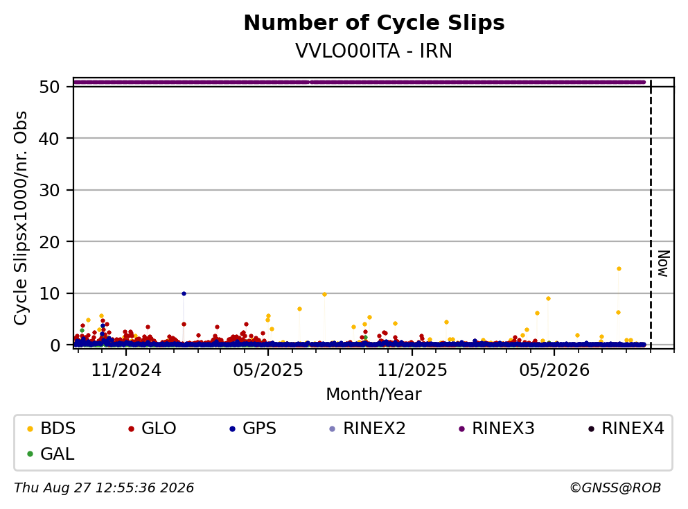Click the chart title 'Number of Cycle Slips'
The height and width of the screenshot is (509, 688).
click(374, 23)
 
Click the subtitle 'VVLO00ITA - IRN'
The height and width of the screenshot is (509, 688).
click(374, 51)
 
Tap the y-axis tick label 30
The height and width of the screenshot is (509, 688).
click(49, 190)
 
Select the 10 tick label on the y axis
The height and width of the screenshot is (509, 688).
click(49, 294)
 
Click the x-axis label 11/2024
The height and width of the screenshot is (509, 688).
click(126, 370)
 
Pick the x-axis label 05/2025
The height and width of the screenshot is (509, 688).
click(268, 370)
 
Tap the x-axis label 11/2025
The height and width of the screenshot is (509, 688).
click(412, 370)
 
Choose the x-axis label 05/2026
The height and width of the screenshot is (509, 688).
click(554, 370)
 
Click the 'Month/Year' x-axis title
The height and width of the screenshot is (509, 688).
click(373, 395)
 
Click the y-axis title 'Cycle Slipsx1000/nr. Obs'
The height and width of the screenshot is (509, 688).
click(21, 218)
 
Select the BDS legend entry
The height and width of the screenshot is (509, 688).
click(51, 428)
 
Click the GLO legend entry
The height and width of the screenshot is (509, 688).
click(152, 428)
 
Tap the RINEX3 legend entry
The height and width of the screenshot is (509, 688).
click(497, 428)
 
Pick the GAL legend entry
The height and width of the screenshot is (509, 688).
click(51, 454)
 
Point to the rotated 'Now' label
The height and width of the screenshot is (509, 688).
click(664, 264)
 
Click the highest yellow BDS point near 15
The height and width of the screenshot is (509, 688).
click(619, 269)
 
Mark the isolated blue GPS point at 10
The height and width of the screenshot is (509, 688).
click(184, 293)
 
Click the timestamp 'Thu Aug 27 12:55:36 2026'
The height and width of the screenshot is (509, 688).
click(104, 488)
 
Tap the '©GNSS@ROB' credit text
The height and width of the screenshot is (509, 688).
click(615, 488)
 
